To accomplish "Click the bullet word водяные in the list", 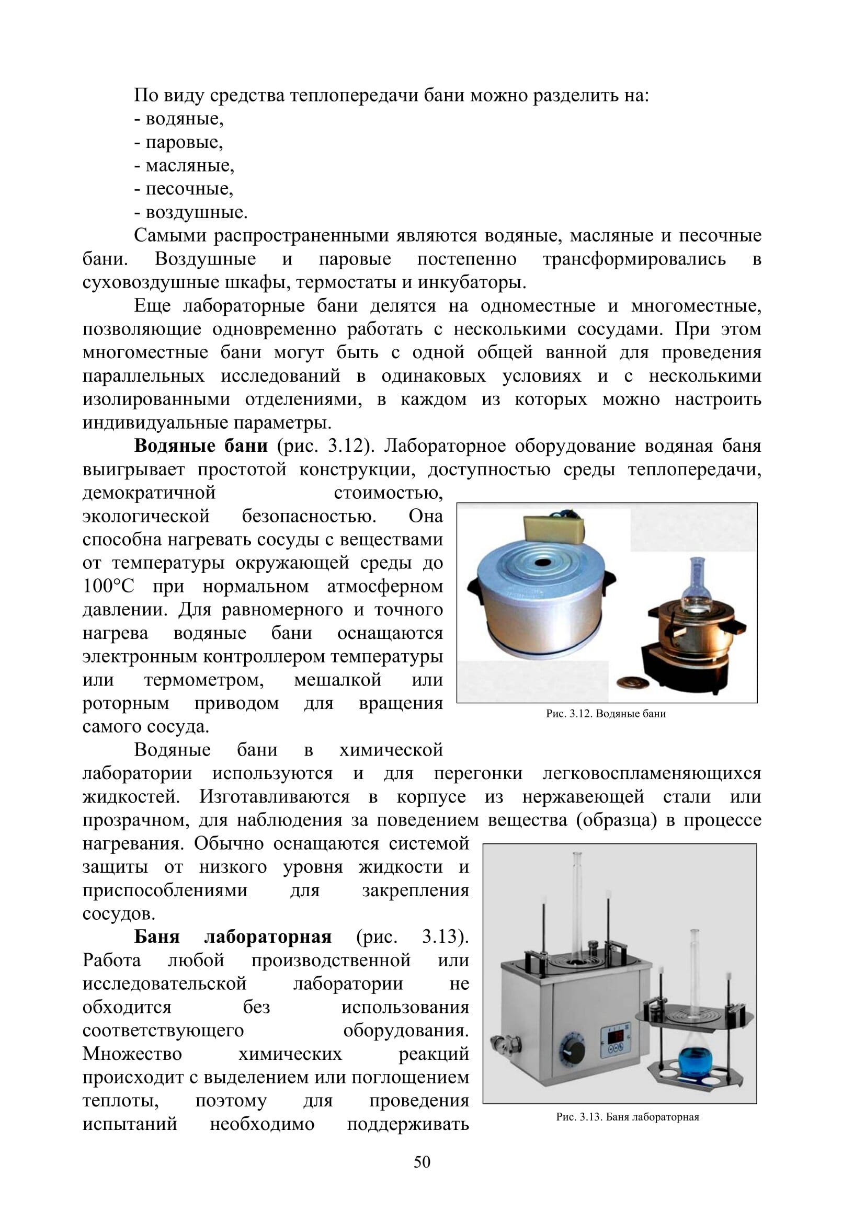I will coord(184,119).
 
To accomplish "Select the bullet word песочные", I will coord(189,189).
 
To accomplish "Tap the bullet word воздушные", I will coord(196,212).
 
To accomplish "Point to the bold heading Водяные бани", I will coord(201,446).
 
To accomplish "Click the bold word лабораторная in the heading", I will coord(268,936).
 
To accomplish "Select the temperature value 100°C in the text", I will coord(108,587).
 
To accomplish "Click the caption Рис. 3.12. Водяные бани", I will coord(606,714).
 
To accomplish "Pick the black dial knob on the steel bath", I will coord(571,1050).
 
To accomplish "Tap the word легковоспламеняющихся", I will coord(652,773).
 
